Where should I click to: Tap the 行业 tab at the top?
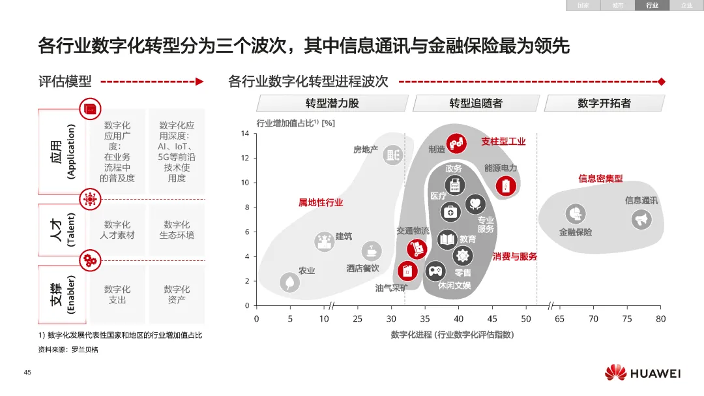tap(652, 5)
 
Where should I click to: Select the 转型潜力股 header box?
tap(332, 103)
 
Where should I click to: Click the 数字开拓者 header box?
tap(604, 103)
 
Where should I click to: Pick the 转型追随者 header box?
tap(476, 103)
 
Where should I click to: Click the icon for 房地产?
tap(392, 155)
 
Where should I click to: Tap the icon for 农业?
tap(289, 282)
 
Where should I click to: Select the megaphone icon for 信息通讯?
tap(641, 219)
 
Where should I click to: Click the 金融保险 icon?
tap(575, 213)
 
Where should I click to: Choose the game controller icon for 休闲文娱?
tap(435, 270)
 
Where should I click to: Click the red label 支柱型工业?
tap(503, 141)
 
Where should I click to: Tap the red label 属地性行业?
tap(321, 202)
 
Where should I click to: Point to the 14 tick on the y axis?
tap(245, 134)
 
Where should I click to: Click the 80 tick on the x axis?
tap(661, 318)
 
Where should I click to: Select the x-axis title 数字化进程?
tap(452, 335)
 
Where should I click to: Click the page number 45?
tap(27, 373)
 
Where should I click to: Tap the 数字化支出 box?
tap(117, 294)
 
